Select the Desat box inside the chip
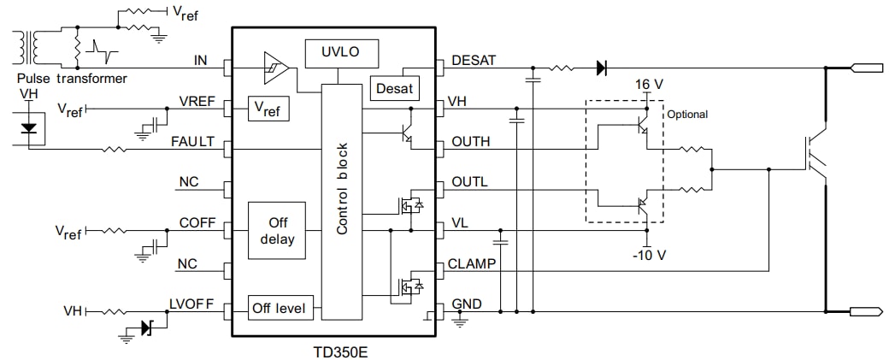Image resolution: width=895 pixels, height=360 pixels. [x=394, y=88]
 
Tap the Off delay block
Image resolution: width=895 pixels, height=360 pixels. [x=276, y=231]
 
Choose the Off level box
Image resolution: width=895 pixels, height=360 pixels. [x=281, y=306]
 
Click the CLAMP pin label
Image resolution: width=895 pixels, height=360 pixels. [x=472, y=264]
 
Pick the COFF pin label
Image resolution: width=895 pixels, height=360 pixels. [x=196, y=224]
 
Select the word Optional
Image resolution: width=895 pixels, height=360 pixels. [x=687, y=114]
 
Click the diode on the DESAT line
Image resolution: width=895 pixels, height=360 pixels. [x=602, y=66]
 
